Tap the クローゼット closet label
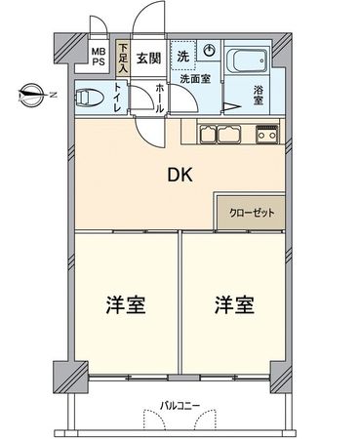point(251,212)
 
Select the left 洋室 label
point(126,304)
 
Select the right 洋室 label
point(234,304)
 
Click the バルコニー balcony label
point(180,403)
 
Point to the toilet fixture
point(90,97)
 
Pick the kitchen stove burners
point(266,135)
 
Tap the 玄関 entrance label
point(149,57)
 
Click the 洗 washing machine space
point(183,56)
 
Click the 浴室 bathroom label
point(259,96)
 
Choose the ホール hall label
point(160,98)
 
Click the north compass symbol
point(31,95)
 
